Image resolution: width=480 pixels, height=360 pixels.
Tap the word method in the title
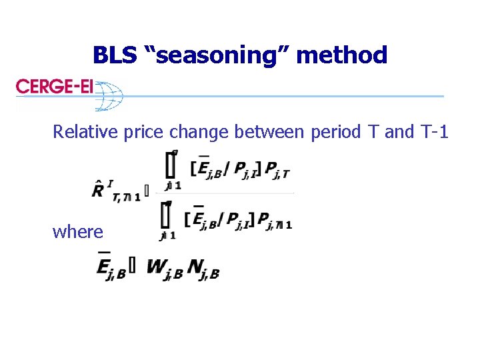[341, 55]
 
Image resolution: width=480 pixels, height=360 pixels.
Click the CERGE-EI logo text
[54, 87]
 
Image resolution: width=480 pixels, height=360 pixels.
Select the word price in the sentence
[144, 132]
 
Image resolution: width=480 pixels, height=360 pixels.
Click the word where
[78, 232]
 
